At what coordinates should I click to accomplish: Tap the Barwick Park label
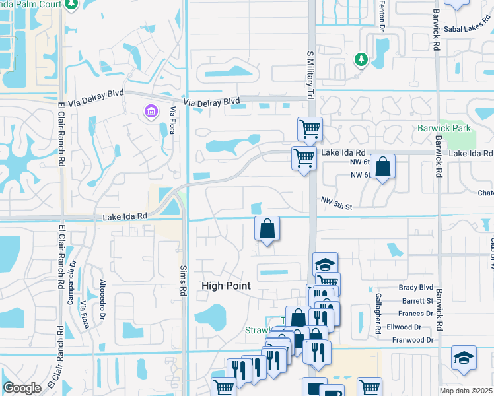(444, 128)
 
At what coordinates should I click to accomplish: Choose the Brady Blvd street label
(417, 288)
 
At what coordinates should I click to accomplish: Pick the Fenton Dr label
(381, 16)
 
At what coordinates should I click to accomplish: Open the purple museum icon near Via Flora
(151, 111)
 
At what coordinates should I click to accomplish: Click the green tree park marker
(361, 59)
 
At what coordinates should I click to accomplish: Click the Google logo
(22, 388)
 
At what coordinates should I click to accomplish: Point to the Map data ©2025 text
(466, 391)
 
